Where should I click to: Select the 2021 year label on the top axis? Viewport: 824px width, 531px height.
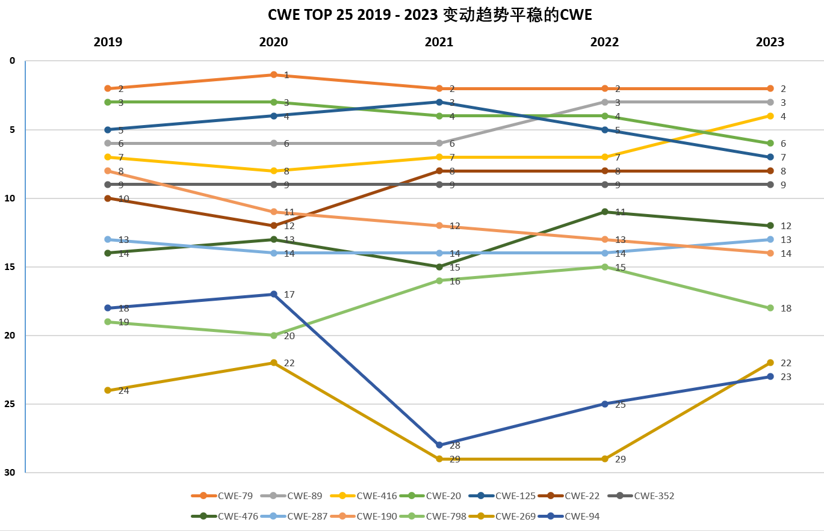(x=439, y=42)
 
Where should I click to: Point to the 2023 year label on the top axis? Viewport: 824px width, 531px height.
(x=770, y=42)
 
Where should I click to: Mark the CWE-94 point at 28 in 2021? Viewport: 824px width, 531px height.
(x=439, y=445)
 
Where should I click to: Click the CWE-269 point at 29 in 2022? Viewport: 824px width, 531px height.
(x=605, y=459)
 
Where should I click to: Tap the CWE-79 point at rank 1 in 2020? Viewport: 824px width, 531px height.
(x=274, y=75)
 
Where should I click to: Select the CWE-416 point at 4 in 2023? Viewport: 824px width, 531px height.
(x=770, y=115)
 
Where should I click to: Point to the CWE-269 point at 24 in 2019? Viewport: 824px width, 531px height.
(x=108, y=390)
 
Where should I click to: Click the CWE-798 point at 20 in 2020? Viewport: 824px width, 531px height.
(x=274, y=335)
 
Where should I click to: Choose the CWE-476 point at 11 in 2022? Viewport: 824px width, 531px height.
(x=605, y=212)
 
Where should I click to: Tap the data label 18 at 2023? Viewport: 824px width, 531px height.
(x=785, y=308)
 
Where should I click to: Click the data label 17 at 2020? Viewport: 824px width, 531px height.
(x=289, y=295)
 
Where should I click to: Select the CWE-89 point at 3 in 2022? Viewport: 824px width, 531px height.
(x=605, y=102)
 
